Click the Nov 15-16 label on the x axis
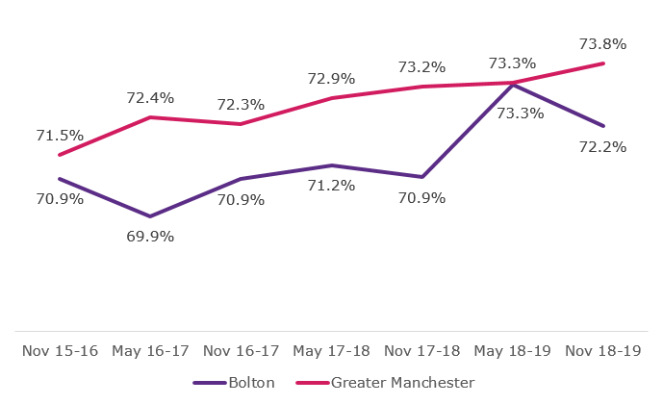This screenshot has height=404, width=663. tap(60, 351)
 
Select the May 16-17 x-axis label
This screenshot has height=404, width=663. tap(150, 351)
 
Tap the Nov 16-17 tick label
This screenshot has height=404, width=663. tap(241, 351)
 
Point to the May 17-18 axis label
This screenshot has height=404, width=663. tap(332, 351)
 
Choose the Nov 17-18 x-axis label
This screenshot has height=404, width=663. tap(422, 351)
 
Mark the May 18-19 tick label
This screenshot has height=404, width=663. tap(513, 351)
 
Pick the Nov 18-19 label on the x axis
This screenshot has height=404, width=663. tap(603, 351)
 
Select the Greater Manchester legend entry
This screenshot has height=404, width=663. tap(402, 382)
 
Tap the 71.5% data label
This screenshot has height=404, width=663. tap(60, 136)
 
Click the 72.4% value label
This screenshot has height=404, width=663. tap(150, 97)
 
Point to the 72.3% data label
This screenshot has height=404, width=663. tap(241, 104)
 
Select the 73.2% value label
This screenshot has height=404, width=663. tap(422, 66)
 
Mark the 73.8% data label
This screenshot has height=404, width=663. tap(603, 43)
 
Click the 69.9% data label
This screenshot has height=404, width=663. tap(150, 236)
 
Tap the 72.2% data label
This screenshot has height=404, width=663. tap(603, 147)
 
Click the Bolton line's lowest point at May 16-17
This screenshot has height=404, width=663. tap(150, 216)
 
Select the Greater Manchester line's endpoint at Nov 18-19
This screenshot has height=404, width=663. tap(603, 63)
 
